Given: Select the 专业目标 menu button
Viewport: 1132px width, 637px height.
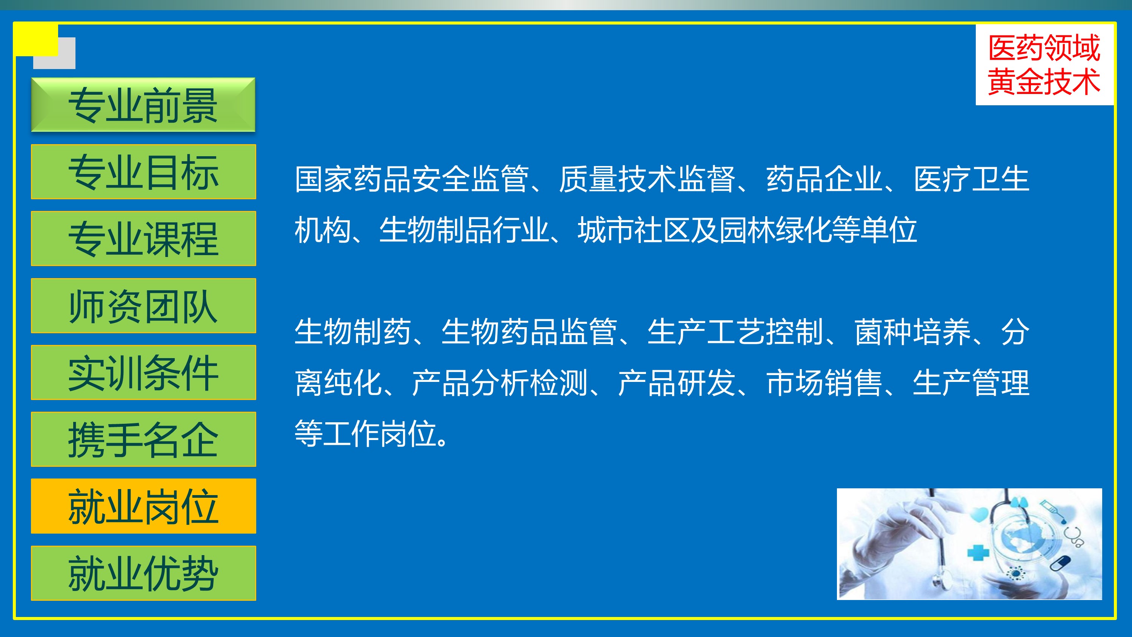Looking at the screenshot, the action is pyautogui.click(x=143, y=171).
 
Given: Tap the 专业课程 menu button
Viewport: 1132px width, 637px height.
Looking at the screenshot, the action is pyautogui.click(x=143, y=238).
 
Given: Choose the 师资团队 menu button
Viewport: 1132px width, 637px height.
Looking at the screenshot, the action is pyautogui.click(x=143, y=306).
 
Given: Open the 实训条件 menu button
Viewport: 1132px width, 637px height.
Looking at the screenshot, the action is pyautogui.click(x=143, y=372).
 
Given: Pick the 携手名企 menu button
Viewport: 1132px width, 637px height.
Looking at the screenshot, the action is pyautogui.click(x=143, y=439).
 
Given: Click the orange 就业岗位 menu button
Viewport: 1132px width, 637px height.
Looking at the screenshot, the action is pyautogui.click(x=143, y=506).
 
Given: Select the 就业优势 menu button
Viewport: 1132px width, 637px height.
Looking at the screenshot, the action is pyautogui.click(x=143, y=573).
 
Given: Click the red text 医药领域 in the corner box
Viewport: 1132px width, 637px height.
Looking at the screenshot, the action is pyautogui.click(x=1044, y=48).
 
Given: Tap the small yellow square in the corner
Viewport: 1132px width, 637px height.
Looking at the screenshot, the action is pyautogui.click(x=36, y=40).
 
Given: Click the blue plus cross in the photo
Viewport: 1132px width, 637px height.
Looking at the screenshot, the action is pyautogui.click(x=978, y=552).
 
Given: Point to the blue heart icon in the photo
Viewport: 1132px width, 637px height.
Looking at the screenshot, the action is pyautogui.click(x=980, y=515).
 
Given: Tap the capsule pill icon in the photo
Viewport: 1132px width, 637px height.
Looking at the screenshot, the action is pyautogui.click(x=1060, y=563).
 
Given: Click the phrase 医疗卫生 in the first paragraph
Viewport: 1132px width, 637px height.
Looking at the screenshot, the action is pyautogui.click(x=972, y=179).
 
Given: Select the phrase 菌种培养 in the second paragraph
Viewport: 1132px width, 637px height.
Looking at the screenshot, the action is pyautogui.click(x=912, y=332).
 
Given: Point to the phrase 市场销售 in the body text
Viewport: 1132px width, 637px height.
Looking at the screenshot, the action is pyautogui.click(x=824, y=383).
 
